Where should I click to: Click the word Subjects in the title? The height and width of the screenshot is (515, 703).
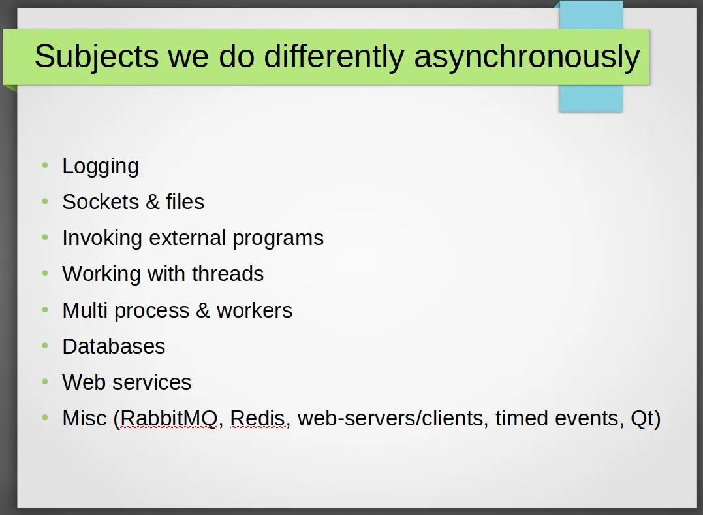coord(97,58)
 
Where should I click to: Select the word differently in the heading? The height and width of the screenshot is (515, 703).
coord(334,58)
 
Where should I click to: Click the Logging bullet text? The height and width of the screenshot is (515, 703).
coord(101,167)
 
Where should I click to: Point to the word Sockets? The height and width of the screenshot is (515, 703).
coord(101,202)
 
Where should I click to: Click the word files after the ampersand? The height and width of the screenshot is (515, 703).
coord(185,202)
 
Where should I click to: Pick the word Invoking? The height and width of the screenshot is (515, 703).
coord(102,239)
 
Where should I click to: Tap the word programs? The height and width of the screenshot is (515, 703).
coord(278,239)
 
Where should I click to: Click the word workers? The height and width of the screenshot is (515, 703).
coord(254,310)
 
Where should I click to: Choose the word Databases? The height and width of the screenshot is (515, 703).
coord(114,346)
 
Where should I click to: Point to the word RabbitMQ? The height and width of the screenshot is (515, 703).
coord(168,418)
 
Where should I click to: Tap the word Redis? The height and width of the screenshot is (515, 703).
coord(257,418)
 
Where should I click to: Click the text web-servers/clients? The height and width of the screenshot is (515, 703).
coord(390,418)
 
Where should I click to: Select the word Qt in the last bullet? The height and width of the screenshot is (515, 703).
coord(642,419)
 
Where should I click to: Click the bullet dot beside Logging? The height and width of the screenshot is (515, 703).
coord(45,165)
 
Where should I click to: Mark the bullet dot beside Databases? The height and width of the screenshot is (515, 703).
coord(45,345)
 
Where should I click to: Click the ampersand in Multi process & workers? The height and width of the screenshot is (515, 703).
coord(202,310)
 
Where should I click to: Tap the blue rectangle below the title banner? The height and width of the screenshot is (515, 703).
coord(591,98)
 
